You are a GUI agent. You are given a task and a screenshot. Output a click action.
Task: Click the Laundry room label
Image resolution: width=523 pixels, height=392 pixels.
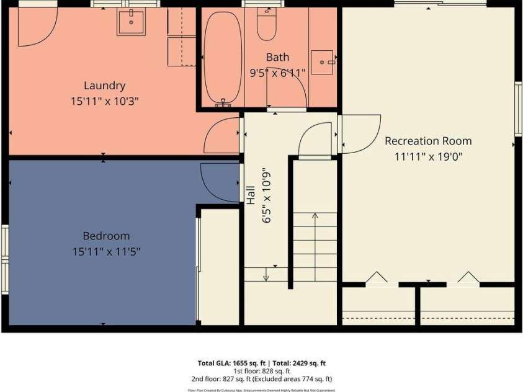point(105,86)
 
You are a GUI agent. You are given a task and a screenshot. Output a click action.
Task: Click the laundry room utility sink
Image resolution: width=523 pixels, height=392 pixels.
point(132,22)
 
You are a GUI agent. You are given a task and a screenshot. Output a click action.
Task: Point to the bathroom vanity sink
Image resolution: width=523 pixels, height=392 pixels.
point(323,62)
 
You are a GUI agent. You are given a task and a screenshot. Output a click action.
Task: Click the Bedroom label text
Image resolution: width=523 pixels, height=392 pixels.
point(106,236)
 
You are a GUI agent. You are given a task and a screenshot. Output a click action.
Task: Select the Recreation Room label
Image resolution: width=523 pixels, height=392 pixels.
point(428,141)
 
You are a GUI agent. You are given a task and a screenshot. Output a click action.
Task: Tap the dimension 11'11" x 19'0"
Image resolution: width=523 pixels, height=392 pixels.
point(428,157)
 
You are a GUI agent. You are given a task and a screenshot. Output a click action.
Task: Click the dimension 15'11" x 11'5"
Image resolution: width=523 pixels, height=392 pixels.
point(106,252)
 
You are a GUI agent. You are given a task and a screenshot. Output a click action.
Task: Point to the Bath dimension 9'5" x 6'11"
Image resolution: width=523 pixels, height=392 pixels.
point(277,73)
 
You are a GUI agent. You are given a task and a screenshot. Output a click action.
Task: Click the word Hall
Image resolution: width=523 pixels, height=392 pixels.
point(251,196)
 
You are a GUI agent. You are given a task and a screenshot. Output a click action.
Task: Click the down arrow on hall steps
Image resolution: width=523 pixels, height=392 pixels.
point(266,274)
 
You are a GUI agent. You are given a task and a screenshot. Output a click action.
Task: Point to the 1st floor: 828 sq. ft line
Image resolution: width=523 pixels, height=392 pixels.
point(261,371)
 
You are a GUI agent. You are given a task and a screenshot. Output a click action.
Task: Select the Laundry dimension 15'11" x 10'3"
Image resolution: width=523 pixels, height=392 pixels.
point(105,101)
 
